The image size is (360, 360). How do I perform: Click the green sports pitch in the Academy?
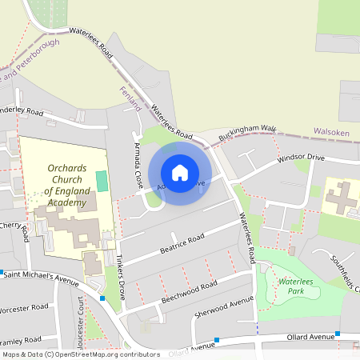pos(102,180)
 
